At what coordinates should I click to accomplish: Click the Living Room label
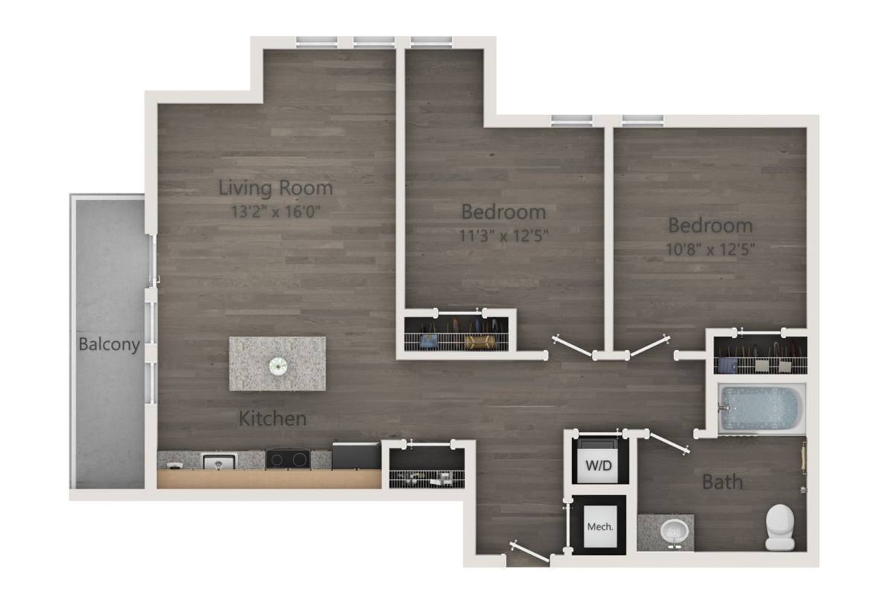tap(276, 188)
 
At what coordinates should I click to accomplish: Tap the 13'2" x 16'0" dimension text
tap(276, 212)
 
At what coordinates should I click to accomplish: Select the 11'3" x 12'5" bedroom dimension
tap(504, 235)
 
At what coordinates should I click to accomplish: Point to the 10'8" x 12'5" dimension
tap(711, 250)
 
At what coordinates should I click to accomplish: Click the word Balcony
tap(110, 344)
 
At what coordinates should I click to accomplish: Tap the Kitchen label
tap(273, 418)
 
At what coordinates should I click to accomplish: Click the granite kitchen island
tap(277, 364)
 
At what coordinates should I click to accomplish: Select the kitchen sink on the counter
tap(219, 461)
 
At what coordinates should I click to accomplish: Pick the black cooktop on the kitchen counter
tap(288, 458)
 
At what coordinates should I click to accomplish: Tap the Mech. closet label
tap(600, 527)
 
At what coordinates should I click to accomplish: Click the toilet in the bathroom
tap(780, 527)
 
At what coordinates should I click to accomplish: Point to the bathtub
tap(761, 408)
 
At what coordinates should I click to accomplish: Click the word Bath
tap(723, 482)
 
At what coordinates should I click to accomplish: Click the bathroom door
tap(668, 443)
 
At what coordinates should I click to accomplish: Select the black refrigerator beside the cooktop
tap(356, 455)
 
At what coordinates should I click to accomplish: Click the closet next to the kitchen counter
tap(427, 467)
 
